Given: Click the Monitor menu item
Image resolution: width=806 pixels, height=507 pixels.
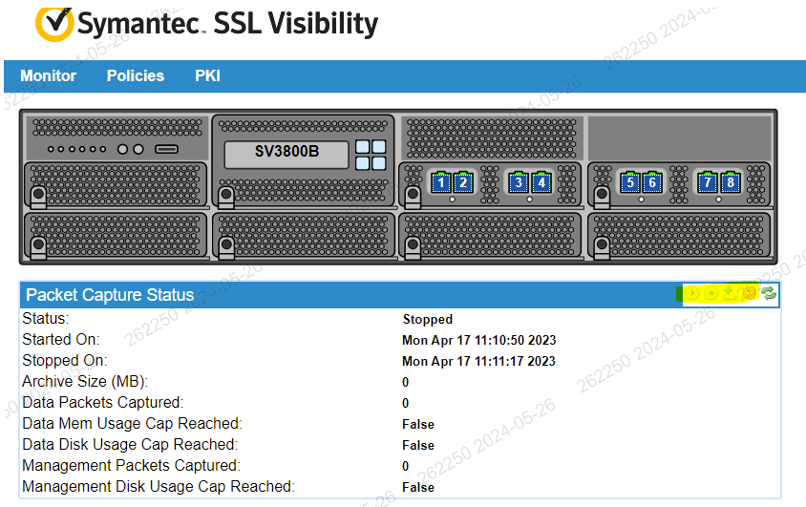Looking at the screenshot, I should [49, 76].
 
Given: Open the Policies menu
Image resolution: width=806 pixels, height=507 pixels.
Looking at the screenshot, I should [136, 76].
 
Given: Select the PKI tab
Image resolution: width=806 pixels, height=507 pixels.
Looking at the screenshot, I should [207, 76].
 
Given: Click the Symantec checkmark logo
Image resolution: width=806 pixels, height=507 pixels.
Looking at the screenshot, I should [53, 24].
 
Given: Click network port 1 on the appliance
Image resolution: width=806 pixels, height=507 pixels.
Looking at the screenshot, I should [441, 182].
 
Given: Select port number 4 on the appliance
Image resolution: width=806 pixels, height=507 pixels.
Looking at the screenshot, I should [541, 182].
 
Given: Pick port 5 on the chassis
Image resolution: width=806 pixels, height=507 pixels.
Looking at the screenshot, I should [629, 182].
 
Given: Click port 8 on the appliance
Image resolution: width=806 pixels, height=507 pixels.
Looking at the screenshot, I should [731, 182].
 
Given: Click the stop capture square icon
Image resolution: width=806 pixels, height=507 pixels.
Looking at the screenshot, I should [711, 294].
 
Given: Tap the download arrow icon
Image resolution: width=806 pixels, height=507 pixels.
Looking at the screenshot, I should [730, 293].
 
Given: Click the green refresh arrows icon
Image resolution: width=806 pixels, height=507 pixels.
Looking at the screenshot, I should [769, 294].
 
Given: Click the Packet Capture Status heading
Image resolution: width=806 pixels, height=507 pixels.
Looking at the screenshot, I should [110, 295].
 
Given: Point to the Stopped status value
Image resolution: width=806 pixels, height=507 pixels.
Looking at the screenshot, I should [428, 320].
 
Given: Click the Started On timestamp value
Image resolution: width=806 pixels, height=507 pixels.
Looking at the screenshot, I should [479, 341].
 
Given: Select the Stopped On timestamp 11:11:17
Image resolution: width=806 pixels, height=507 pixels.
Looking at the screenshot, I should [479, 362].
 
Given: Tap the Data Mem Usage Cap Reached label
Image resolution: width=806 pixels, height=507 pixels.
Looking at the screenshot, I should [132, 424].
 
